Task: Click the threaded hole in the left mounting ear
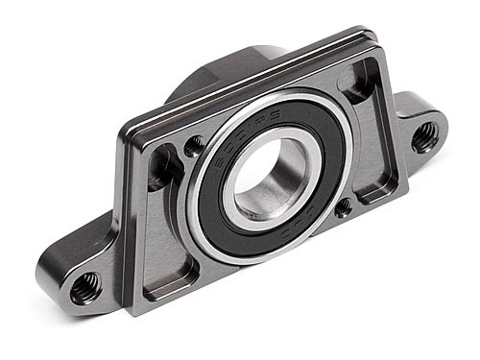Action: (x=84, y=284)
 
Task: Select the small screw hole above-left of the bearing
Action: (x=195, y=145)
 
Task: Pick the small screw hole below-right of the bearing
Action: (x=343, y=207)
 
